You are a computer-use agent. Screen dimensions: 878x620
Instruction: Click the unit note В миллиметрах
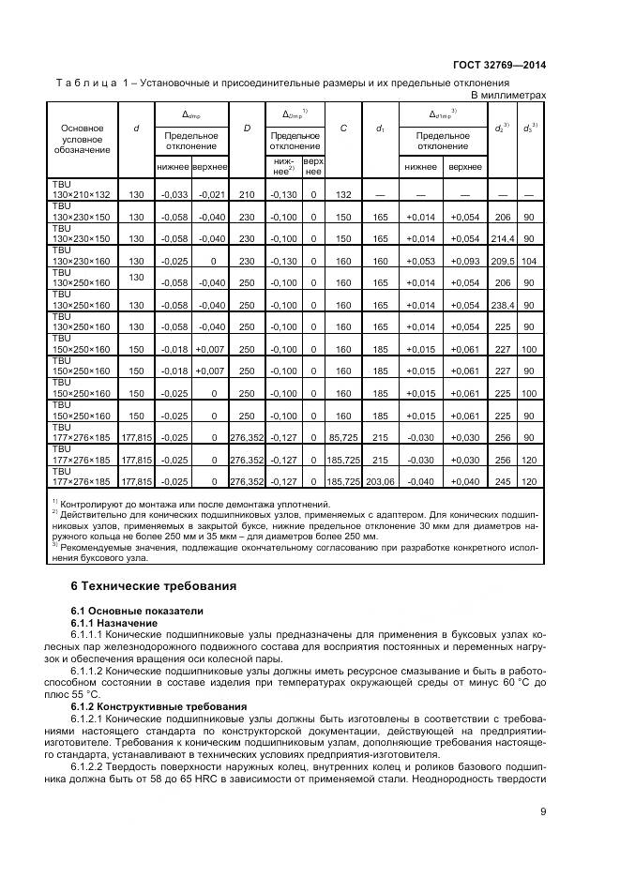pyautogui.click(x=507, y=96)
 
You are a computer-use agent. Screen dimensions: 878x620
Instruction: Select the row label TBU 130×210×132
pyautogui.click(x=83, y=189)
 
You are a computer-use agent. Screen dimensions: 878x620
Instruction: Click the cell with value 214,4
pyautogui.click(x=504, y=238)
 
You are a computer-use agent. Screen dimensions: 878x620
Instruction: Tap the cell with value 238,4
pyautogui.click(x=504, y=305)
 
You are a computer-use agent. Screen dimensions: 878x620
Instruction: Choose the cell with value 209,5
pyautogui.click(x=504, y=261)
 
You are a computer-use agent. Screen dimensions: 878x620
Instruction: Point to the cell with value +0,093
pyautogui.click(x=465, y=261)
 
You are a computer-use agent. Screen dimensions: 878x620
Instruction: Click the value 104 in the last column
pyautogui.click(x=530, y=261)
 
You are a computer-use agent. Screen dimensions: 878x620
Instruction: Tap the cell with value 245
pyautogui.click(x=504, y=482)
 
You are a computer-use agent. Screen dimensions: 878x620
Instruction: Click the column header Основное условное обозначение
pyautogui.click(x=83, y=139)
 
